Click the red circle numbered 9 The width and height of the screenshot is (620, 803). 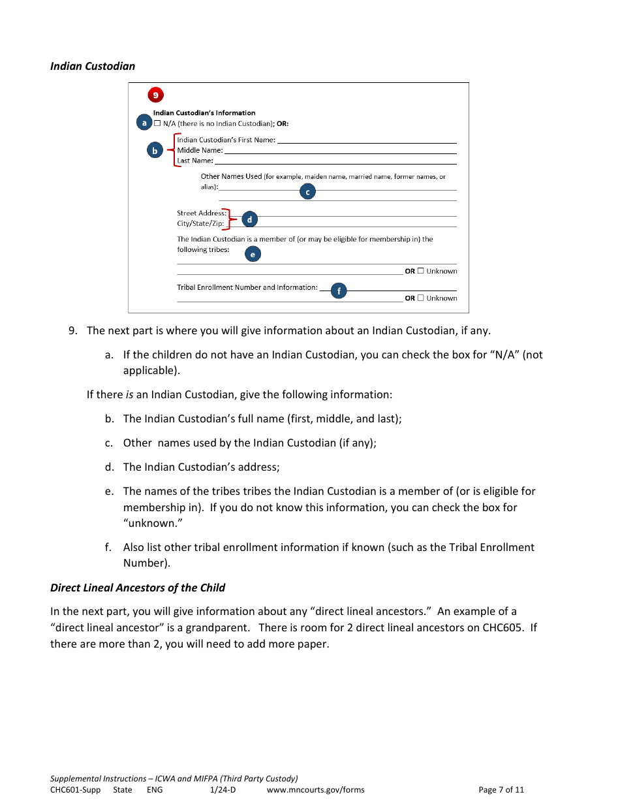(x=155, y=95)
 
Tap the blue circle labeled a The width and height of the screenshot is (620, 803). (x=144, y=122)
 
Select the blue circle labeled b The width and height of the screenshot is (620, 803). (x=155, y=151)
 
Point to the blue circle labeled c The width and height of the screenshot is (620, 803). (x=307, y=192)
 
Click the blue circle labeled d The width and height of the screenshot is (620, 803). (x=249, y=220)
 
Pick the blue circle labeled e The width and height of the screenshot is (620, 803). (x=253, y=255)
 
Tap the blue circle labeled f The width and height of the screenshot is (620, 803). (x=339, y=292)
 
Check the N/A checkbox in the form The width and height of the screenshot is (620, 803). (x=157, y=123)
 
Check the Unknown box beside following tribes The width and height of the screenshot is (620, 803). (x=421, y=271)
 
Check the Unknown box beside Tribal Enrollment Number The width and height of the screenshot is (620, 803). (x=421, y=298)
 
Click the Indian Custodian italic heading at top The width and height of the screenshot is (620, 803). (x=93, y=66)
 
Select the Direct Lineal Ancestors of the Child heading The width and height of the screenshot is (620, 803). (x=138, y=588)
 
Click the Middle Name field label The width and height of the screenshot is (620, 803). (x=200, y=150)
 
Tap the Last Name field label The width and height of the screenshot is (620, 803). (x=194, y=161)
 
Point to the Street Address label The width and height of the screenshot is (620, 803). (x=201, y=213)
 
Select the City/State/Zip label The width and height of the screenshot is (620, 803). (x=200, y=223)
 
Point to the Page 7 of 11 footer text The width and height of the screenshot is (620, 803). (x=501, y=789)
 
